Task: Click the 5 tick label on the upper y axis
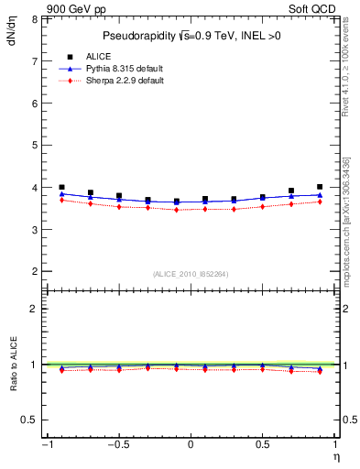[x=33, y=146]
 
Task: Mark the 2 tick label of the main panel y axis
[x=33, y=272]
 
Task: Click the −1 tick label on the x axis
[x=46, y=445]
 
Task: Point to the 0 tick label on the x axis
[x=191, y=445]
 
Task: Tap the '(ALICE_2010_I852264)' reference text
[x=191, y=274]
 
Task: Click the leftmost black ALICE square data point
[x=61, y=187]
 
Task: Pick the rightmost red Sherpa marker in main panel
[x=320, y=202]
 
